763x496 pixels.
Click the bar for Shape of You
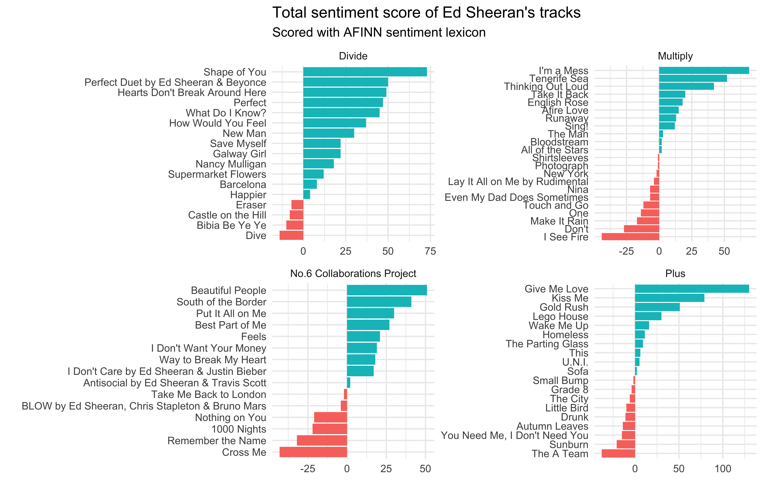(365, 72)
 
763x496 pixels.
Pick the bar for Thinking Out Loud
(686, 86)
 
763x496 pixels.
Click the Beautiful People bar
(387, 290)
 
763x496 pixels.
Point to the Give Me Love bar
(692, 289)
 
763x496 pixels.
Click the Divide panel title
(353, 56)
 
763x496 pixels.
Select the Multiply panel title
(675, 56)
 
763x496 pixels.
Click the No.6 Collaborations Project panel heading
(353, 273)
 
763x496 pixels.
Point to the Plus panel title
(675, 273)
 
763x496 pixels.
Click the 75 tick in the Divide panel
(430, 251)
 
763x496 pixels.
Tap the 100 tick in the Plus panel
(723, 469)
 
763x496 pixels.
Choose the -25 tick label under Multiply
(626, 251)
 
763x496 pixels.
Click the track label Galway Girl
(239, 154)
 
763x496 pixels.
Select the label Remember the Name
(217, 441)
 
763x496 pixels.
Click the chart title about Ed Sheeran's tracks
(426, 13)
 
